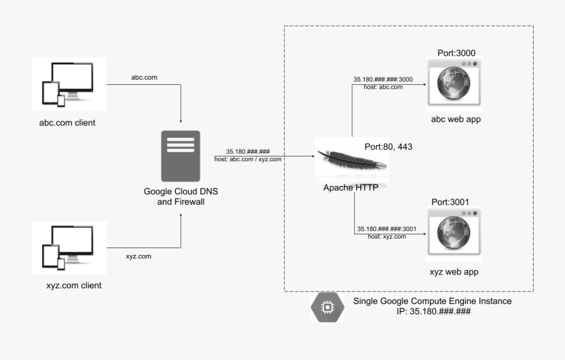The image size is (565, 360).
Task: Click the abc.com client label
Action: click(x=67, y=123)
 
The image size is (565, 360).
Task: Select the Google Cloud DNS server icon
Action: click(x=180, y=155)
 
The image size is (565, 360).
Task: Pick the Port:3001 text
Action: click(x=450, y=202)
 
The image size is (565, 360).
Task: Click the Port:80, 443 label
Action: click(x=388, y=146)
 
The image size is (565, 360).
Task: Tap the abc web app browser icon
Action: click(x=452, y=82)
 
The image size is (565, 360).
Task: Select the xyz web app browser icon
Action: click(x=452, y=232)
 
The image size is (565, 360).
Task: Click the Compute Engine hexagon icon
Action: click(x=327, y=307)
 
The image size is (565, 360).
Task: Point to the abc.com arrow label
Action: click(x=144, y=77)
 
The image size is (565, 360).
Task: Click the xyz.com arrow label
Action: click(x=138, y=256)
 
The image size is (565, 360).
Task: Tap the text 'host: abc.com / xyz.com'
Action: click(x=247, y=159)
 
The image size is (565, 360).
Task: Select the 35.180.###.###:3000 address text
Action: click(x=383, y=80)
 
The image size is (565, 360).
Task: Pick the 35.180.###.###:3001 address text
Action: click(x=386, y=229)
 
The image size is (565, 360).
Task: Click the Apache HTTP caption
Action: click(x=350, y=187)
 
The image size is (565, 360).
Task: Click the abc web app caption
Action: click(x=455, y=119)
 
